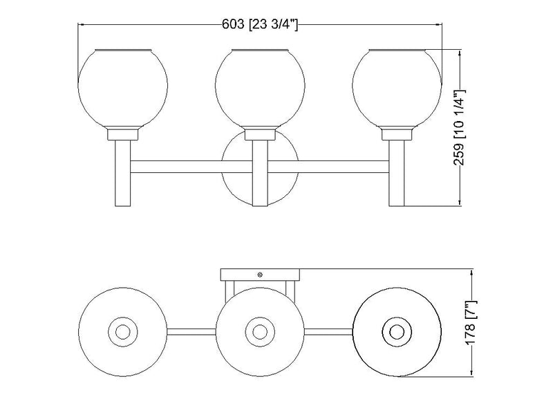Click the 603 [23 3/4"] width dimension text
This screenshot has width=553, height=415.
pyautogui.click(x=260, y=25)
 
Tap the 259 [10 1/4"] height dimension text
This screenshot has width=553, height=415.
pyautogui.click(x=460, y=128)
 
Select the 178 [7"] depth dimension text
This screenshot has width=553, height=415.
pyautogui.click(x=471, y=323)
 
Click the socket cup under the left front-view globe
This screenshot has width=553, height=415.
pyautogui.click(x=123, y=134)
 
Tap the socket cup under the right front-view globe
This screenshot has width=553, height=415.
pyautogui.click(x=397, y=134)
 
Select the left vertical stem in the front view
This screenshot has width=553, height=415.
pyautogui.click(x=123, y=174)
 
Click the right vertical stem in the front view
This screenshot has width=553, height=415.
pyautogui.click(x=397, y=174)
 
